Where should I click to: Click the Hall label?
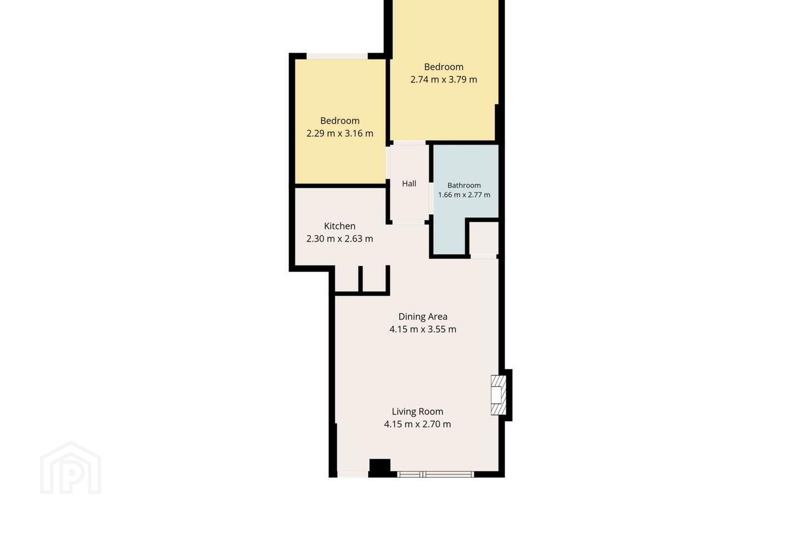(x=409, y=184)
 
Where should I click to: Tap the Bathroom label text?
(x=464, y=185)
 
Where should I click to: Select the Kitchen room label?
(x=340, y=226)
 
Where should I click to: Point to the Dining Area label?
(x=423, y=317)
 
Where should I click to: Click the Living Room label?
(x=417, y=412)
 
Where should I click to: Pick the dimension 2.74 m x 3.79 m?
(x=443, y=80)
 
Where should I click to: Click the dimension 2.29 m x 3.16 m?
(x=340, y=133)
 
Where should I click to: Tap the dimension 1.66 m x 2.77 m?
(x=464, y=195)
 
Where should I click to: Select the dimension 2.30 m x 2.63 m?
(x=340, y=239)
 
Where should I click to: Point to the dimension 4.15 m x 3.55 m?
(x=423, y=329)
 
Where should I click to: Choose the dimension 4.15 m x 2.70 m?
(x=417, y=424)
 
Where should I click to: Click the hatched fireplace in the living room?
(x=498, y=395)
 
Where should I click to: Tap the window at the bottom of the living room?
(x=436, y=474)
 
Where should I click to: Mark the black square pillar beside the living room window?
(x=380, y=468)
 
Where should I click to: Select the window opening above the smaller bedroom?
(x=337, y=56)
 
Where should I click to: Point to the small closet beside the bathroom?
(x=484, y=238)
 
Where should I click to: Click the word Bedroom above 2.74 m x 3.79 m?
(x=444, y=67)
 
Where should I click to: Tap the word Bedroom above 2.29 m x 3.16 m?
(x=340, y=121)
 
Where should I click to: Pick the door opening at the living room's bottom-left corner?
(x=353, y=474)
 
